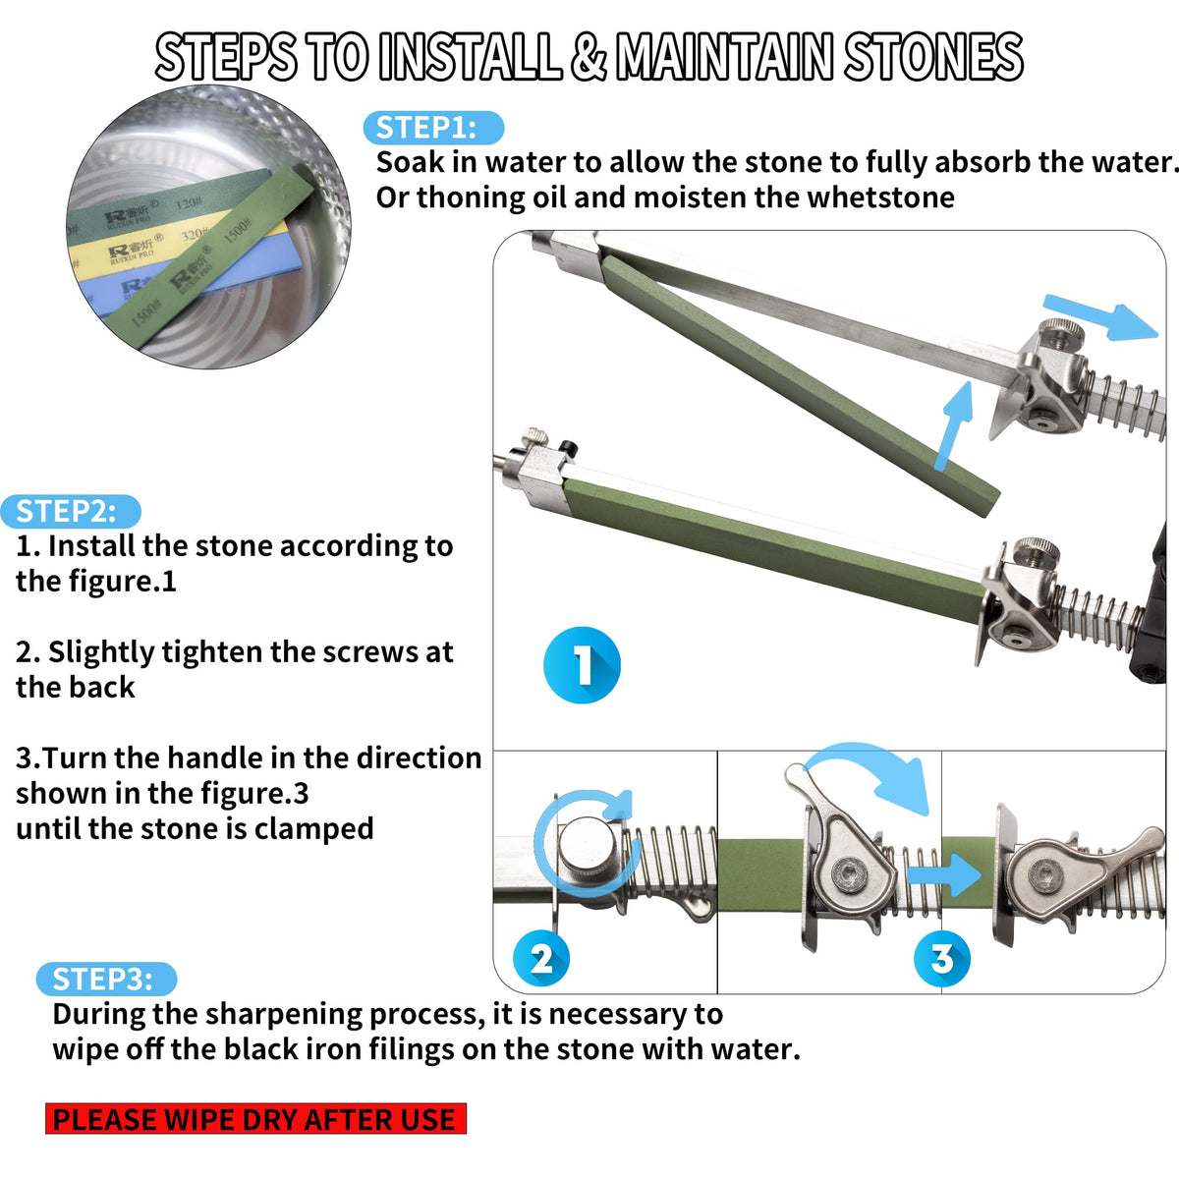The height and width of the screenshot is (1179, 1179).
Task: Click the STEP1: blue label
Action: tap(433, 128)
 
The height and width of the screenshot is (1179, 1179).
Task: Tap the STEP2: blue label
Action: tap(71, 512)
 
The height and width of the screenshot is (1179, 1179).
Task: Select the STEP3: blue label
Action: tap(106, 979)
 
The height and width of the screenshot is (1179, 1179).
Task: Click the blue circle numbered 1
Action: tap(582, 665)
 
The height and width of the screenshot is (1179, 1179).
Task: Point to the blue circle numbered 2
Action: tap(541, 959)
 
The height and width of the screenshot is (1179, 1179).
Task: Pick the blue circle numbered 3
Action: tap(942, 959)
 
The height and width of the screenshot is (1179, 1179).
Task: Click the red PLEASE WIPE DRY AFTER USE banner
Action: tap(255, 1119)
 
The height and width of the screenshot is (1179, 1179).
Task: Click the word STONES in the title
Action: tap(933, 57)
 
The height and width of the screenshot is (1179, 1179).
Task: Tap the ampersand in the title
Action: tap(588, 57)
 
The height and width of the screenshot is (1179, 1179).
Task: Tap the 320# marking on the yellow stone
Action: tap(195, 235)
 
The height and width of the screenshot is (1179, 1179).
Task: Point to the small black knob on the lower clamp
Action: tap(570, 447)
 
